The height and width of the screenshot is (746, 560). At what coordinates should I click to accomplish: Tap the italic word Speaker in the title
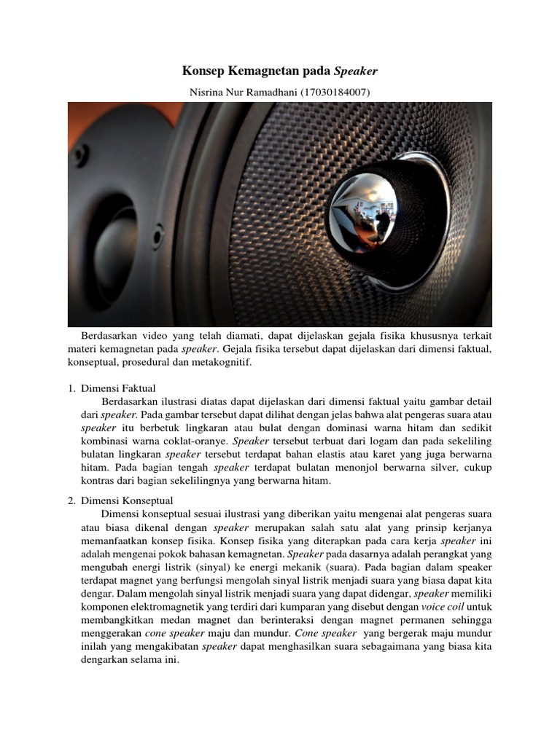tap(356, 71)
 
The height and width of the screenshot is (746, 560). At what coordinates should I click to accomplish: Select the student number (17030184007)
tap(334, 93)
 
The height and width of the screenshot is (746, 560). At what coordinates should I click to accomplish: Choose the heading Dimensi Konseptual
tap(127, 500)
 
